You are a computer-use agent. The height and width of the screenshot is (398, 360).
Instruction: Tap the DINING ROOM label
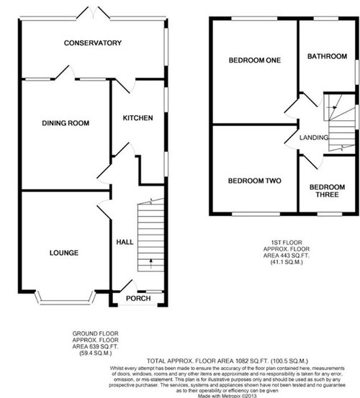tap(65, 124)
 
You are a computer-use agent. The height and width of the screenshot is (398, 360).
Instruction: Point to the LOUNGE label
tap(63, 253)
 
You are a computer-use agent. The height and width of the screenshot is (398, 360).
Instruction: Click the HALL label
tap(123, 243)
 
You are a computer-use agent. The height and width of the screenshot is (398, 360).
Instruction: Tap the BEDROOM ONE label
tap(254, 60)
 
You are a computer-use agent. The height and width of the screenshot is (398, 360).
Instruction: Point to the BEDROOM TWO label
tap(254, 181)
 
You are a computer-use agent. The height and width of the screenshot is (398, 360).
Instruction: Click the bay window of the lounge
tap(64, 296)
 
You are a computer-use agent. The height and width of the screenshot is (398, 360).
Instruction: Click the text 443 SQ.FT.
tap(293, 277)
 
